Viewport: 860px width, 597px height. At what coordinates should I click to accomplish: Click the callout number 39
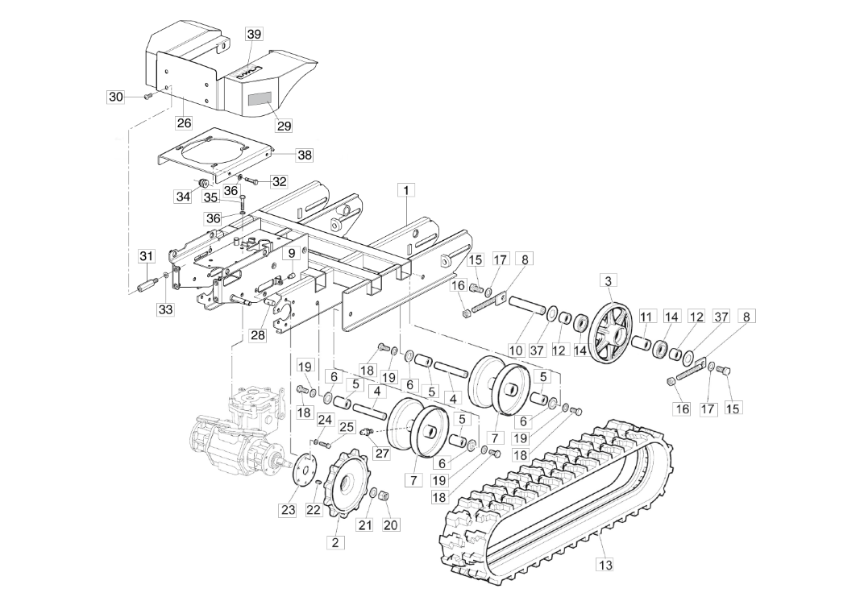point(254,34)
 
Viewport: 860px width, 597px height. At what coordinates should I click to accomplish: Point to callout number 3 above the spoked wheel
point(609,280)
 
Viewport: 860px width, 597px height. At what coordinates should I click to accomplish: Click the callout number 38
point(282,154)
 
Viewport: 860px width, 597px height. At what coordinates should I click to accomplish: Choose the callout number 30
point(116,97)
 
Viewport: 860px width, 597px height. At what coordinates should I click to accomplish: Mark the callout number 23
point(288,509)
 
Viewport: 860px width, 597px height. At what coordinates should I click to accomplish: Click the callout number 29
point(284,126)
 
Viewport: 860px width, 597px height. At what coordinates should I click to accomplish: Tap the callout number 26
point(184,123)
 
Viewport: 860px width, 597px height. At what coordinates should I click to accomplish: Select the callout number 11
point(646,317)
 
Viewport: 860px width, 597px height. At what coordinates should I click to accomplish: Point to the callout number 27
point(382,454)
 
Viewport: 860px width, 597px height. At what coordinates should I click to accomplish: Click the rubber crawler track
point(556,500)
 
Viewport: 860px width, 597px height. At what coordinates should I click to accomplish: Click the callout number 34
point(183,196)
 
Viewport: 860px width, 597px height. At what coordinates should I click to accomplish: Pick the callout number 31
point(146,256)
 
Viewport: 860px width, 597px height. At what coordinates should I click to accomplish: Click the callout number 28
point(257,335)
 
